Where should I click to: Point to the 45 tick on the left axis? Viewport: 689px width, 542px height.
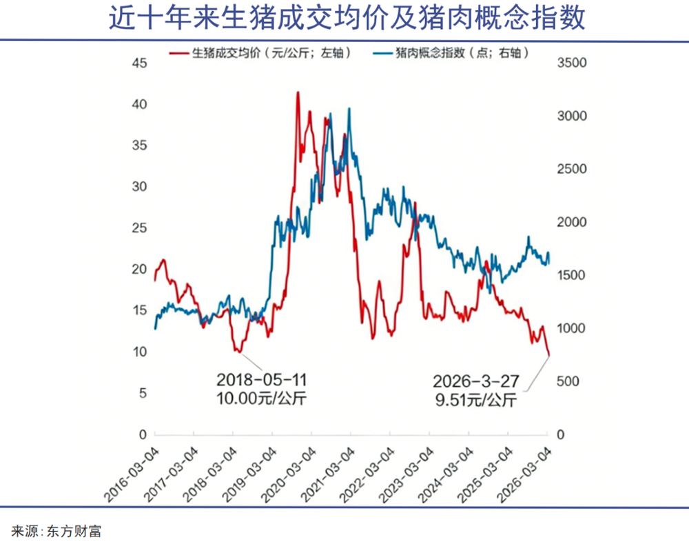(140, 63)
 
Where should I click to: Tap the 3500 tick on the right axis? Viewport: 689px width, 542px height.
(570, 63)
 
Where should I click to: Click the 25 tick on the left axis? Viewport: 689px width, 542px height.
(140, 228)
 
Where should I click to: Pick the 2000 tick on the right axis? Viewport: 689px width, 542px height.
(570, 222)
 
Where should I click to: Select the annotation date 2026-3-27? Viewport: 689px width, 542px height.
(475, 381)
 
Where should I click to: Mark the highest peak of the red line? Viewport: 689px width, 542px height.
(298, 92)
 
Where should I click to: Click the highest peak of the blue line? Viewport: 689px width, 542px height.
(349, 108)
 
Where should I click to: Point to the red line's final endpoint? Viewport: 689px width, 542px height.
(549, 356)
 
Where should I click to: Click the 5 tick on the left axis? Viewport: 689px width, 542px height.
(143, 394)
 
